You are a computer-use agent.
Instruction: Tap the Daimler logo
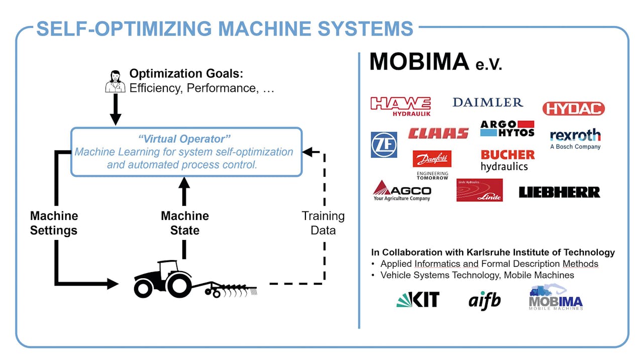click(488, 102)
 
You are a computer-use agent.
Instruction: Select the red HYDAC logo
click(574, 109)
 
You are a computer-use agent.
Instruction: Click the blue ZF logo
click(384, 145)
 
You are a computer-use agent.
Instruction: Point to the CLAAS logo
click(439, 134)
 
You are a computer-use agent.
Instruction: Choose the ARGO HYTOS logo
click(507, 129)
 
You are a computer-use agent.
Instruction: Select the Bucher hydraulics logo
click(507, 161)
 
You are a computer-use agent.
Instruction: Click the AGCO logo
click(402, 191)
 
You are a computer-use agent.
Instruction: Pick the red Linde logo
click(479, 190)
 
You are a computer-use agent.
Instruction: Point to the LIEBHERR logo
click(560, 192)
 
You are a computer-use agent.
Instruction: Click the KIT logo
click(418, 299)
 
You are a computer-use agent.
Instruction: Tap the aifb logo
click(485, 301)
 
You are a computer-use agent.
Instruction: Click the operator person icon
click(115, 81)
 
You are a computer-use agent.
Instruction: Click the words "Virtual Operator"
click(184, 139)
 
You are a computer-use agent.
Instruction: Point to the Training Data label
click(323, 223)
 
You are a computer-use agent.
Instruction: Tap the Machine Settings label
click(54, 223)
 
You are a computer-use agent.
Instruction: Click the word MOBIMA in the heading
click(419, 61)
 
